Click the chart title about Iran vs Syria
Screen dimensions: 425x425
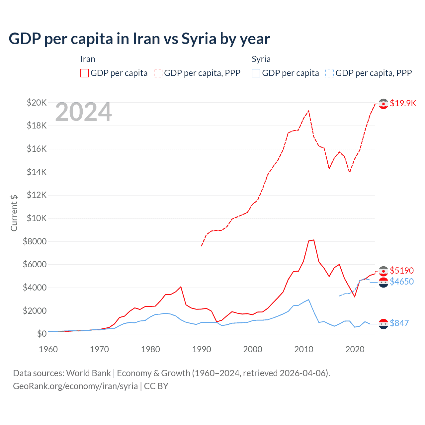pyautogui.click(x=139, y=39)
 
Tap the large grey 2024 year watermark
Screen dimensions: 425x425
pyautogui.click(x=83, y=112)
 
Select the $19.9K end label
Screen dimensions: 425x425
pyautogui.click(x=403, y=103)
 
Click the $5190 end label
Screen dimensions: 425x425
pyautogui.click(x=402, y=271)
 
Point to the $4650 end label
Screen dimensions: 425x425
pyautogui.click(x=402, y=282)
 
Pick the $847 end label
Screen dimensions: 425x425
pyautogui.click(x=399, y=323)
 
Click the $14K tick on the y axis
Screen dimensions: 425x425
pyautogui.click(x=37, y=172)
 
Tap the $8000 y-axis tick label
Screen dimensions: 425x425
pyautogui.click(x=35, y=241)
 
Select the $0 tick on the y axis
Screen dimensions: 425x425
pyautogui.click(x=42, y=334)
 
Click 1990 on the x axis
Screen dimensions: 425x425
pyautogui.click(x=202, y=349)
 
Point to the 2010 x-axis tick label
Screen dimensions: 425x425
pyautogui.click(x=304, y=349)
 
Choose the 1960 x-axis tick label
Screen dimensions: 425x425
pyautogui.click(x=48, y=349)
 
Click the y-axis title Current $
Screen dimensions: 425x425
pyautogui.click(x=14, y=213)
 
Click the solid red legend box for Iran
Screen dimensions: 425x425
pyautogui.click(x=85, y=73)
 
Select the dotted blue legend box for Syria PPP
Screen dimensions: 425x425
pyautogui.click(x=330, y=73)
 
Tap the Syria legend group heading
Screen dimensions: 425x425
pyautogui.click(x=261, y=59)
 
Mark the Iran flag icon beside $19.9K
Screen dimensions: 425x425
pyautogui.click(x=383, y=104)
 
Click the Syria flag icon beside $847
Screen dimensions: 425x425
pyautogui.click(x=383, y=324)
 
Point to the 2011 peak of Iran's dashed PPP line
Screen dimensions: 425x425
pyautogui.click(x=309, y=111)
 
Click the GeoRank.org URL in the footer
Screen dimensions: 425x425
pyautogui.click(x=75, y=386)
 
